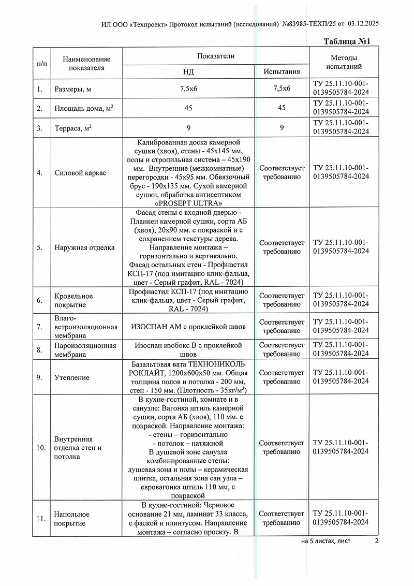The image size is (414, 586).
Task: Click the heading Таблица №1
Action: tap(347, 41)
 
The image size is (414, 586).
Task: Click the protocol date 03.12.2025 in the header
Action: tap(364, 23)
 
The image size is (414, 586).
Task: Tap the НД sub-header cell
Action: tap(189, 71)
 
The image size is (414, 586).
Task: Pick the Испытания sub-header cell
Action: tap(282, 71)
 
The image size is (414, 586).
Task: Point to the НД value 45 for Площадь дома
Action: tap(189, 108)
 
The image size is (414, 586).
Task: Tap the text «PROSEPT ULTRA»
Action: tap(189, 203)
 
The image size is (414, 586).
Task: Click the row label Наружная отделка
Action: tap(84, 247)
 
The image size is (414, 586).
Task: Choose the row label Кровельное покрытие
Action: tap(73, 300)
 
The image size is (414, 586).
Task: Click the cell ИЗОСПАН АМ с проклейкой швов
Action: tap(189, 327)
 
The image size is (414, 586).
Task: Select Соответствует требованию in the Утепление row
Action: tap(282, 377)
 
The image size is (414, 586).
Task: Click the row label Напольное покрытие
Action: tap(71, 518)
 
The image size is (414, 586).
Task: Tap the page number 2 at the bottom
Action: tap(377, 541)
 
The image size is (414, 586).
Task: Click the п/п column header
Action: tap(41, 63)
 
